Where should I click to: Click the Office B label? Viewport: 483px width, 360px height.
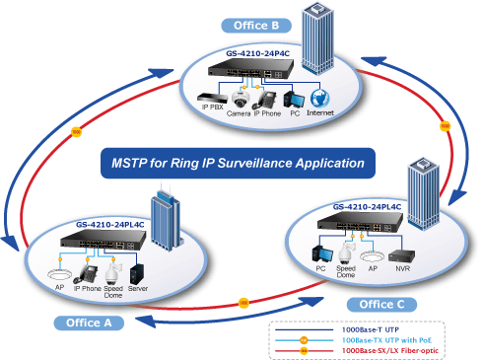[x=256, y=26]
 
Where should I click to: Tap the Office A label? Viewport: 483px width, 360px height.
[x=89, y=323]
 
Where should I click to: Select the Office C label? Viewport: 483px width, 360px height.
[x=381, y=305]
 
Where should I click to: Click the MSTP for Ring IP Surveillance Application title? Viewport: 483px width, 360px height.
[x=238, y=163]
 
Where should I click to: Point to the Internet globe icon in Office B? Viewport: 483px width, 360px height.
[x=319, y=98]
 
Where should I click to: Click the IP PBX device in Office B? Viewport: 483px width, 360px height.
[x=212, y=98]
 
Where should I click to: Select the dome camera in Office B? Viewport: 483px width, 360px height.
[x=241, y=100]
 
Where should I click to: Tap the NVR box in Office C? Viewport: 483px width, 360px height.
[x=401, y=255]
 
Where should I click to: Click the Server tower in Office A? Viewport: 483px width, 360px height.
[x=137, y=274]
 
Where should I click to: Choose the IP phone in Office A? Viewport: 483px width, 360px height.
[x=86, y=274]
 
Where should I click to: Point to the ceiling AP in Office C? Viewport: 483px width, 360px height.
[x=372, y=256]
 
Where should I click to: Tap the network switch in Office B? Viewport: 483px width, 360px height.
[x=250, y=69]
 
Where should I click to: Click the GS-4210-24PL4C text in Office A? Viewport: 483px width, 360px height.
[x=110, y=225]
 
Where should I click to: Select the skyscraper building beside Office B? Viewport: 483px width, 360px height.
[x=317, y=38]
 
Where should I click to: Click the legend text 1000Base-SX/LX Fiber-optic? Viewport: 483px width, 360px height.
[x=390, y=351]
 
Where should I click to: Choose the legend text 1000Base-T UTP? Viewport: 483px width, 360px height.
[x=371, y=329]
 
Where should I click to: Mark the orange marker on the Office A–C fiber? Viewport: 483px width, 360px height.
[x=243, y=303]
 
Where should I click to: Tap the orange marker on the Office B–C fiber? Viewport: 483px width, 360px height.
[x=445, y=126]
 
